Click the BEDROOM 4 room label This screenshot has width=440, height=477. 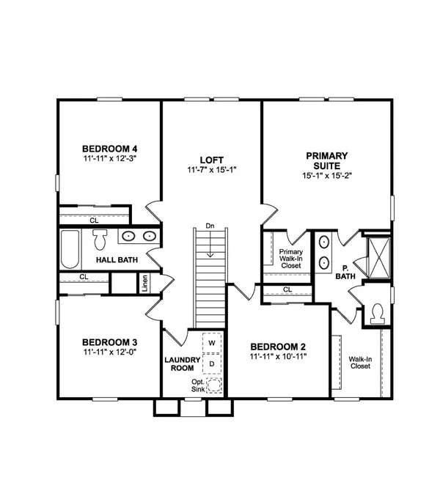click(109, 149)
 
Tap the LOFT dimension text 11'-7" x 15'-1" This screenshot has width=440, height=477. click(212, 170)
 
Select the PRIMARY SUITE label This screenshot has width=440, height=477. click(327, 161)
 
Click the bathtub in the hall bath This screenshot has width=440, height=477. click(70, 249)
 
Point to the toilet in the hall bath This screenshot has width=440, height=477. click(100, 240)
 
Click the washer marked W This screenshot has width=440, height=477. click(212, 343)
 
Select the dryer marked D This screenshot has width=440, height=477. click(212, 363)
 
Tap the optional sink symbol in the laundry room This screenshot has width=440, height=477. click(213, 385)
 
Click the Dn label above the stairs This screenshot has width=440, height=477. click(210, 226)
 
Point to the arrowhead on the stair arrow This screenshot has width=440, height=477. click(210, 255)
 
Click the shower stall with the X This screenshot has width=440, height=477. click(378, 258)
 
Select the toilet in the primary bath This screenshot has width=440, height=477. click(378, 314)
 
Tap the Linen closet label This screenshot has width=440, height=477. click(145, 284)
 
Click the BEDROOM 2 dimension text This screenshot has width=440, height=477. click(278, 356)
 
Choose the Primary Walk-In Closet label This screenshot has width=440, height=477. click(291, 259)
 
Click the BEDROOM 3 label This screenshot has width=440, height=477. click(109, 342)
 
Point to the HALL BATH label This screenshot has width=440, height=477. click(117, 260)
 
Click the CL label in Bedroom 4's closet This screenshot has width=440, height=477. click(94, 221)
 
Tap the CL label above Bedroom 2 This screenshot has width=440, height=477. click(287, 289)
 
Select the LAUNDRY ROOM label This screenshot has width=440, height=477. click(183, 364)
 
